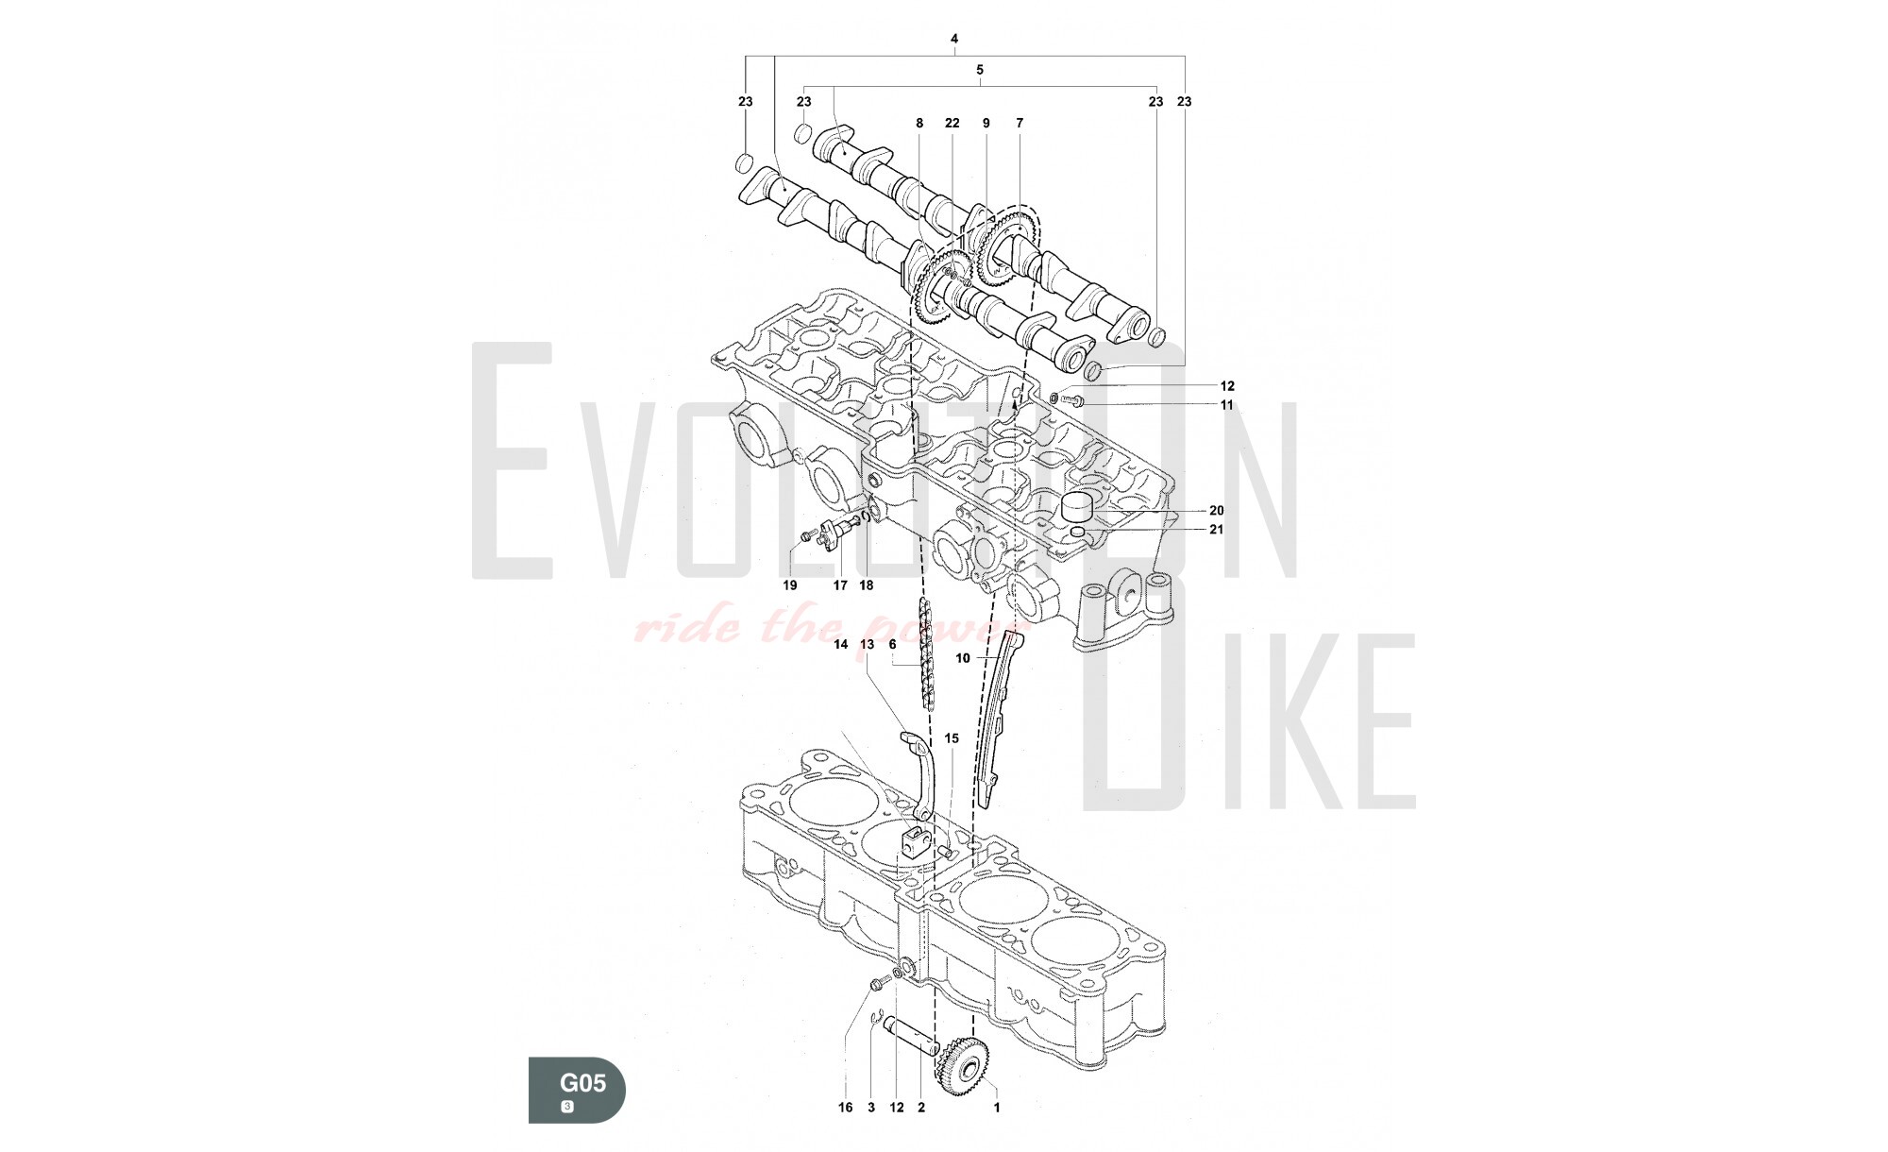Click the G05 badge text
pyautogui.click(x=582, y=1082)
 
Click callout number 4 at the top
pyautogui.click(x=954, y=39)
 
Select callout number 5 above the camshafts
pyautogui.click(x=980, y=70)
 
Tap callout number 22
pyautogui.click(x=952, y=123)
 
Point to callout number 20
pyautogui.click(x=1216, y=511)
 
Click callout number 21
pyautogui.click(x=1216, y=530)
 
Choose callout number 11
pyautogui.click(x=1227, y=405)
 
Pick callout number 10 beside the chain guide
pyautogui.click(x=963, y=659)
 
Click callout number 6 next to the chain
pyautogui.click(x=892, y=644)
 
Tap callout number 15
pyautogui.click(x=952, y=738)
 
